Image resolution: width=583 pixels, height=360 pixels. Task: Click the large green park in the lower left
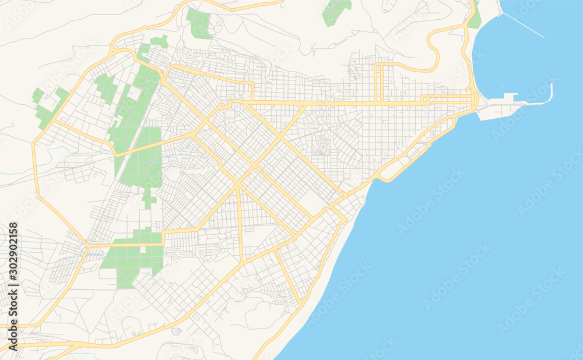click(x=133, y=256)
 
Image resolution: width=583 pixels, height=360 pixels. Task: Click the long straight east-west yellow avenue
click(x=350, y=104)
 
